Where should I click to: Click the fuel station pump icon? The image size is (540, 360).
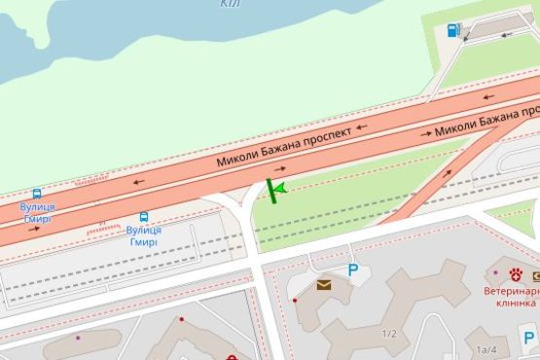click(451, 30)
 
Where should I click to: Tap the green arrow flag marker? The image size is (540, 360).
click(275, 190)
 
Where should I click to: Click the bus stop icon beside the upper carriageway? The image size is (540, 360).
click(37, 194)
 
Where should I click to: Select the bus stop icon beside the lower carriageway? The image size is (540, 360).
click(143, 218)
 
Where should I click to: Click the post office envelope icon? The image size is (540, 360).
click(322, 285)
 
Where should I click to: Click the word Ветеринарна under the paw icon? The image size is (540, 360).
click(511, 290)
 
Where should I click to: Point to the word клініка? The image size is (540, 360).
click(515, 303)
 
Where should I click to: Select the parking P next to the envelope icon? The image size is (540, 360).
click(352, 271)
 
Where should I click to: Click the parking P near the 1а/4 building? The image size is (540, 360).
click(530, 339)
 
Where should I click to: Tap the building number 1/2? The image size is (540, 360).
click(389, 334)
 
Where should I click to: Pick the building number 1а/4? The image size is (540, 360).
click(486, 348)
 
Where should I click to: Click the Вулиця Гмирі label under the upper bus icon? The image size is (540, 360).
click(37, 213)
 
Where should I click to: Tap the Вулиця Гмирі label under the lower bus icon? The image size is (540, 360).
click(143, 236)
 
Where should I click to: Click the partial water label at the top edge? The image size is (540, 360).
click(230, 4)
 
